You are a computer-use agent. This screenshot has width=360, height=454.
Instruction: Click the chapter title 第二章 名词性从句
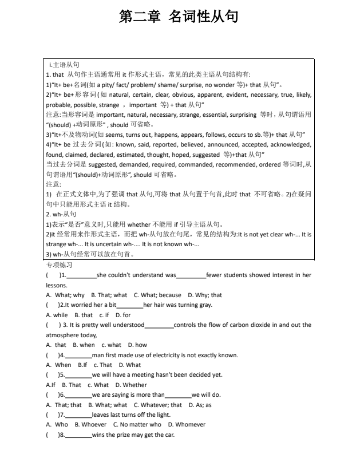tap(179, 17)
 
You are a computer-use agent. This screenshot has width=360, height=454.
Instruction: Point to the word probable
tap(58, 105)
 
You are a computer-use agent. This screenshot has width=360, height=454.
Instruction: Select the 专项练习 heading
tap(59, 265)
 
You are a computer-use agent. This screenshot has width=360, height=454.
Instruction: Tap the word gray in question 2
tap(205, 305)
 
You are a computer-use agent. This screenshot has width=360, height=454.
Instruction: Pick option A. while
tap(57, 315)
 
